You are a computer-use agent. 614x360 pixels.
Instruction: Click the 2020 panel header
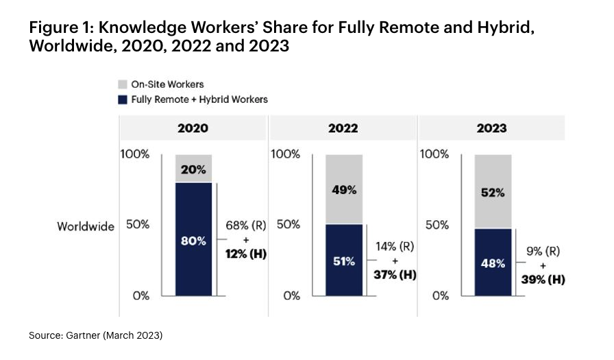tap(193, 128)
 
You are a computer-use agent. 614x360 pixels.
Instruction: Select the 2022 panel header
tap(343, 128)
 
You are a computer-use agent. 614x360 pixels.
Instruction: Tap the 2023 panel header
tap(491, 128)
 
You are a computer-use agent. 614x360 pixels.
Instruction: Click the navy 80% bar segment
tap(193, 240)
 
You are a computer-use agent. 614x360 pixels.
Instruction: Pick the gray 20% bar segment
tap(193, 169)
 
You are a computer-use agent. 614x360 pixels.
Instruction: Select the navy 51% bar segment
tap(343, 260)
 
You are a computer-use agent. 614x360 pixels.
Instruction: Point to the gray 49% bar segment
tap(343, 189)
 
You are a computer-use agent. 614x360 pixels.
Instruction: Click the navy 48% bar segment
tap(493, 262)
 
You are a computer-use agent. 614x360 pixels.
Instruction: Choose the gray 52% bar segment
tap(493, 191)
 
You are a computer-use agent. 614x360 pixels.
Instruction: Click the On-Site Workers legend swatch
tap(123, 84)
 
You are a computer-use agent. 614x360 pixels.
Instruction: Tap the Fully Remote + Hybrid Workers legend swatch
tap(123, 99)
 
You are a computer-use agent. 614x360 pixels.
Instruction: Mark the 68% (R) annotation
tap(245, 226)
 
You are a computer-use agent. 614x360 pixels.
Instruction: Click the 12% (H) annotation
tap(245, 254)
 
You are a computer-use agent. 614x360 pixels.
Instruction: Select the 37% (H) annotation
tap(395, 274)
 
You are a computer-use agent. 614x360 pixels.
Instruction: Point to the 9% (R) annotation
tap(543, 252)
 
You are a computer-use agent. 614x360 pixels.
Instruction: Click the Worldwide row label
tap(85, 226)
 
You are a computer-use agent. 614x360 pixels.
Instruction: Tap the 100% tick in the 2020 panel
tap(135, 154)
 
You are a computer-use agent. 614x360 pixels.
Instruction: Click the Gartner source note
tap(95, 335)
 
